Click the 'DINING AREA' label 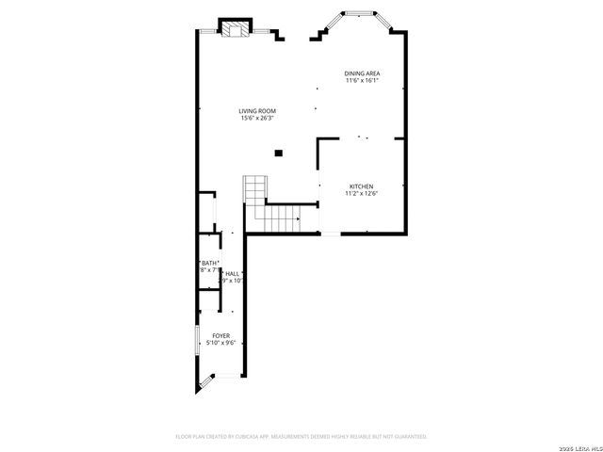point(361,73)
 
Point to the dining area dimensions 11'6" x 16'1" point(361,81)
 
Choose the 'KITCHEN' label point(362,186)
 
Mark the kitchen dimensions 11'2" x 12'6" point(362,194)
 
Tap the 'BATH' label point(210,263)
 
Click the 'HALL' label point(231,273)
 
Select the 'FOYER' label point(220,335)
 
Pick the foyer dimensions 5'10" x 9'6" point(220,343)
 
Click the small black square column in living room point(278,152)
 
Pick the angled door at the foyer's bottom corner point(205,382)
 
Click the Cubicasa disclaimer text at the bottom point(301,437)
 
